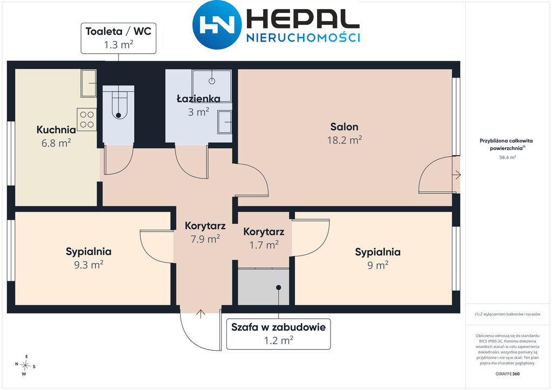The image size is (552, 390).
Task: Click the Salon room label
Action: [344, 127]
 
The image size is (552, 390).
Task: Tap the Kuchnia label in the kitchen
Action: [56, 130]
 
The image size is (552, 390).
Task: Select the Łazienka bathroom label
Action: [198, 99]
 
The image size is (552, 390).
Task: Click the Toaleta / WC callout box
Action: [118, 38]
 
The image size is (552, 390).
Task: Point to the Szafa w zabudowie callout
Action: [279, 334]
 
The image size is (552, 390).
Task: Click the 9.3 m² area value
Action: [88, 264]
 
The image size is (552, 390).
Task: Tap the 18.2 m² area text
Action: [344, 140]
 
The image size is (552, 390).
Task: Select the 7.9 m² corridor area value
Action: [205, 239]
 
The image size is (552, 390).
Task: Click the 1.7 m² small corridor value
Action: [264, 245]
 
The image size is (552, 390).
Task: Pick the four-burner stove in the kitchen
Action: [87, 120]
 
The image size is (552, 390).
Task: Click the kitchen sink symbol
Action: [89, 83]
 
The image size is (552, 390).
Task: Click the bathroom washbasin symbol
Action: [225, 122]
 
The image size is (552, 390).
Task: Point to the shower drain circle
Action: [212, 81]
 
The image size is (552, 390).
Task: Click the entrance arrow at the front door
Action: [201, 314]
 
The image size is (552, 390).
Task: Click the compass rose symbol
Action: [25, 365]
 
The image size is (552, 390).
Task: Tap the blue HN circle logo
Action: [217, 25]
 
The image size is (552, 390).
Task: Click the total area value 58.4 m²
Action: [507, 157]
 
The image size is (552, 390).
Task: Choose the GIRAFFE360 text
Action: [507, 374]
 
